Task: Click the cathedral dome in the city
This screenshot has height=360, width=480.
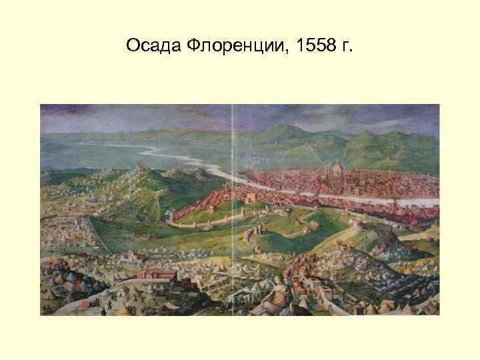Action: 337,167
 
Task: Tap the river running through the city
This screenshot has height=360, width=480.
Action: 373,199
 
